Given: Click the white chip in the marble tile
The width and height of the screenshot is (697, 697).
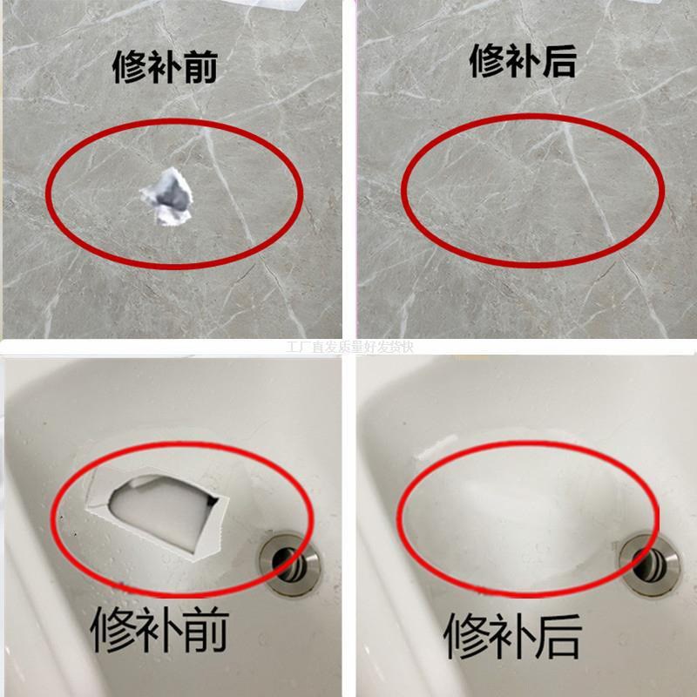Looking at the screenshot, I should (168, 197).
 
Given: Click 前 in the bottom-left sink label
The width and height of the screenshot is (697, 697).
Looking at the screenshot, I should (207, 634).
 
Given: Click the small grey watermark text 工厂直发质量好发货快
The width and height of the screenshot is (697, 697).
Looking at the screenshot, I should (348, 346).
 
